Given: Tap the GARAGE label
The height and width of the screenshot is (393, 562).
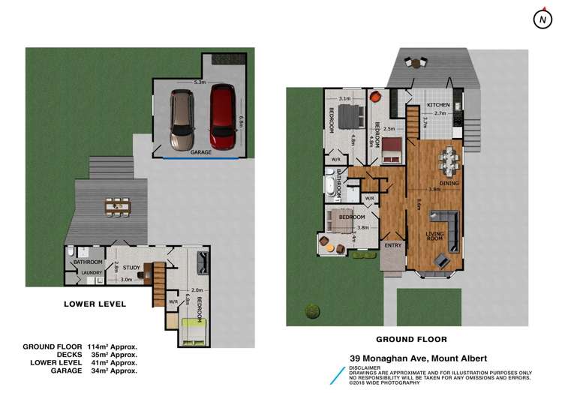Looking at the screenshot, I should click(200, 151).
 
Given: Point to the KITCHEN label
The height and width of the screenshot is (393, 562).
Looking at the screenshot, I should click(438, 104).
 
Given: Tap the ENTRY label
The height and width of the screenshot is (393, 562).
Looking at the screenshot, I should click(392, 244).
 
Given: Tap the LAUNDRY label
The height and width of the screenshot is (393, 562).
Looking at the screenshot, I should click(92, 273).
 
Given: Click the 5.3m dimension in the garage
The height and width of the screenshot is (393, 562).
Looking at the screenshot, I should click(200, 81).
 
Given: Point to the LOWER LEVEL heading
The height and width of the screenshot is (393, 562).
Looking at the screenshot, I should click(95, 304).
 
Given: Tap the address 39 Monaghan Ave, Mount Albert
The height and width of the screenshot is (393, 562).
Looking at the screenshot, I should click(419, 358).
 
